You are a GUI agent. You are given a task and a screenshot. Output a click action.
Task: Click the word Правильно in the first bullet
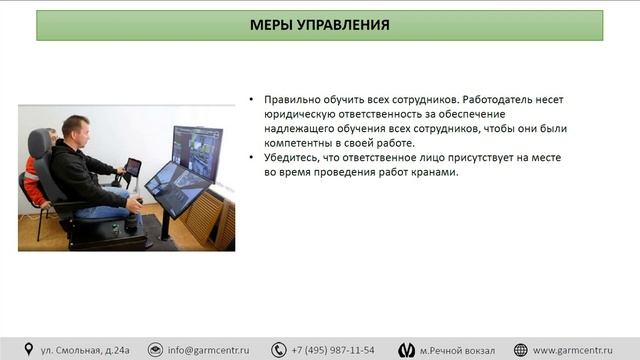(x=292, y=101)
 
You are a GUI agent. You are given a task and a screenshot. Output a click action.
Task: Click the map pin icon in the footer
(x=30, y=350)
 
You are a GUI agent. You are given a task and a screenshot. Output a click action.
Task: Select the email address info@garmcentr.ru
(x=208, y=350)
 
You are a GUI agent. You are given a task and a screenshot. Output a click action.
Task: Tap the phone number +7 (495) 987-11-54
(x=333, y=350)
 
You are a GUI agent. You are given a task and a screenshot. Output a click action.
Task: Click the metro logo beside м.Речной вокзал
(x=407, y=350)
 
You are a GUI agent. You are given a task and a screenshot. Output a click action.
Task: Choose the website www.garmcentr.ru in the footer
(x=579, y=350)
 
